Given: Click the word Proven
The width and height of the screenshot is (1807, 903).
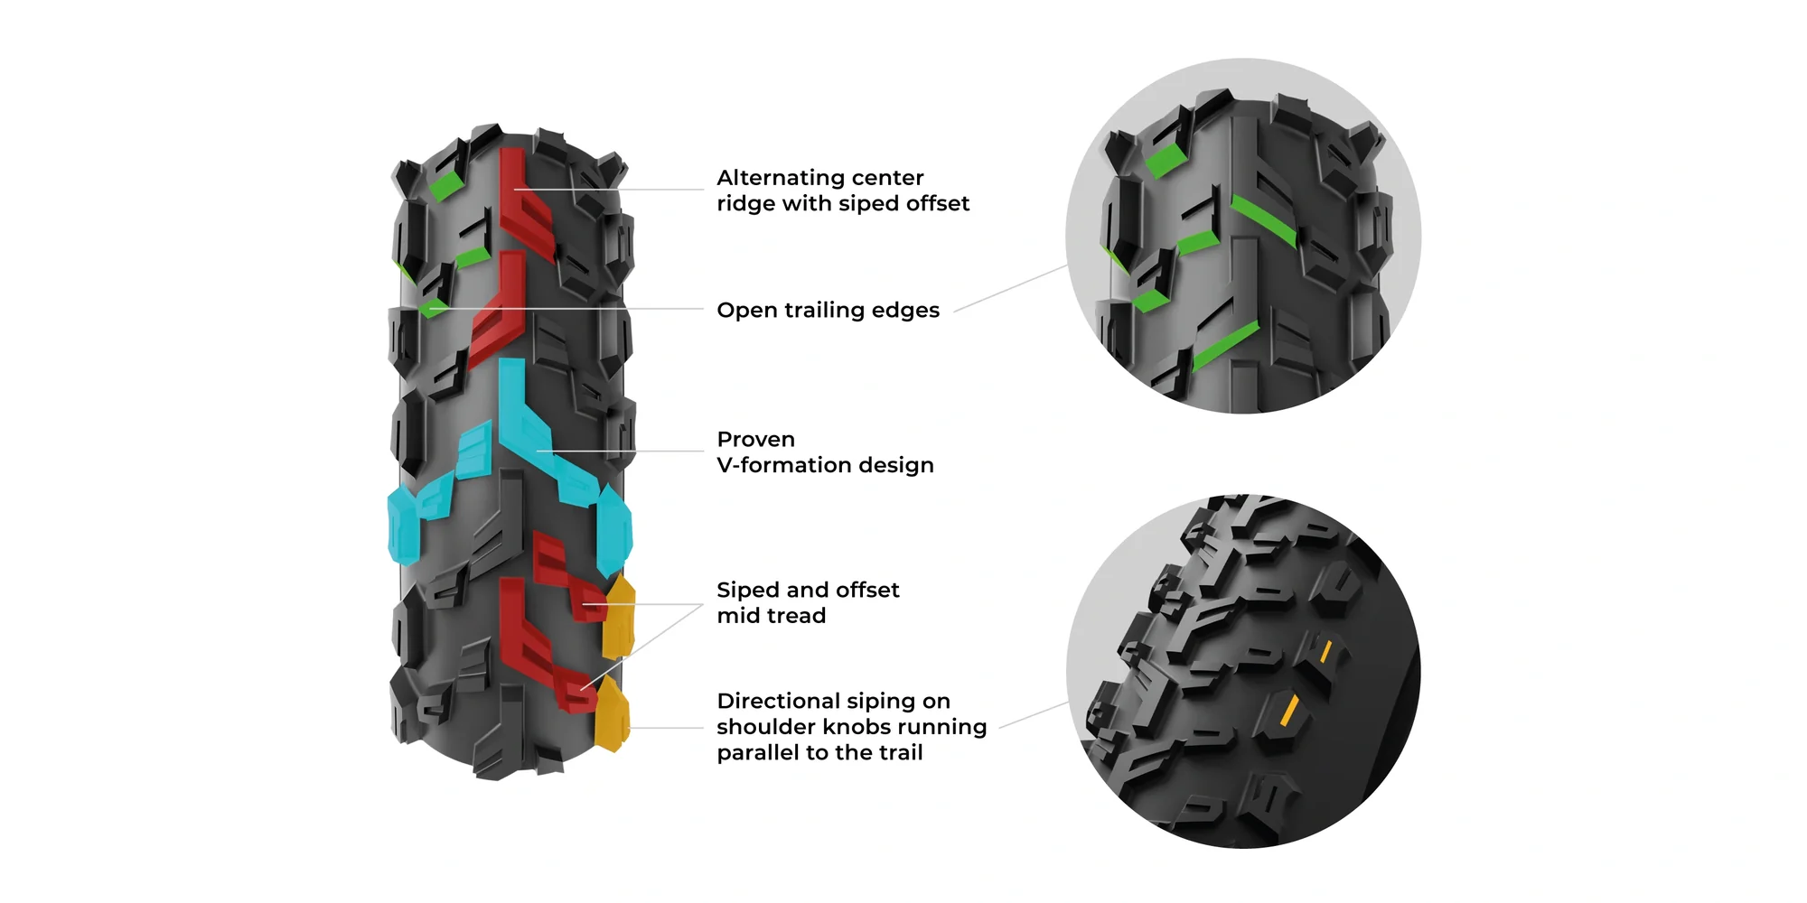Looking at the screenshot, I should [x=755, y=440].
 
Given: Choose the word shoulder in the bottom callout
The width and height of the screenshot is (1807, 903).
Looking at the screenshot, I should [x=765, y=727].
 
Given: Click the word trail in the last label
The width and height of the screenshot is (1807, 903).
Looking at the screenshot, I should [x=897, y=753].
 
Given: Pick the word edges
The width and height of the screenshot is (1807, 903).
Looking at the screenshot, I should [x=906, y=311].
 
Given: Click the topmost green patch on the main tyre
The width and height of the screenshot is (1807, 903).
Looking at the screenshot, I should [x=445, y=186].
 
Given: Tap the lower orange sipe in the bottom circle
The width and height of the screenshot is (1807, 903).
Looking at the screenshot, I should [x=1289, y=711].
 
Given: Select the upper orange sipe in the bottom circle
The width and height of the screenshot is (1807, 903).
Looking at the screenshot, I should [x=1325, y=651].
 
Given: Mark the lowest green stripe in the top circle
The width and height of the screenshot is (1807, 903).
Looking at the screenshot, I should [x=1225, y=345].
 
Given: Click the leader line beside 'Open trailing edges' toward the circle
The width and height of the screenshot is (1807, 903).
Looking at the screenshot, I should [x=1010, y=289].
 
